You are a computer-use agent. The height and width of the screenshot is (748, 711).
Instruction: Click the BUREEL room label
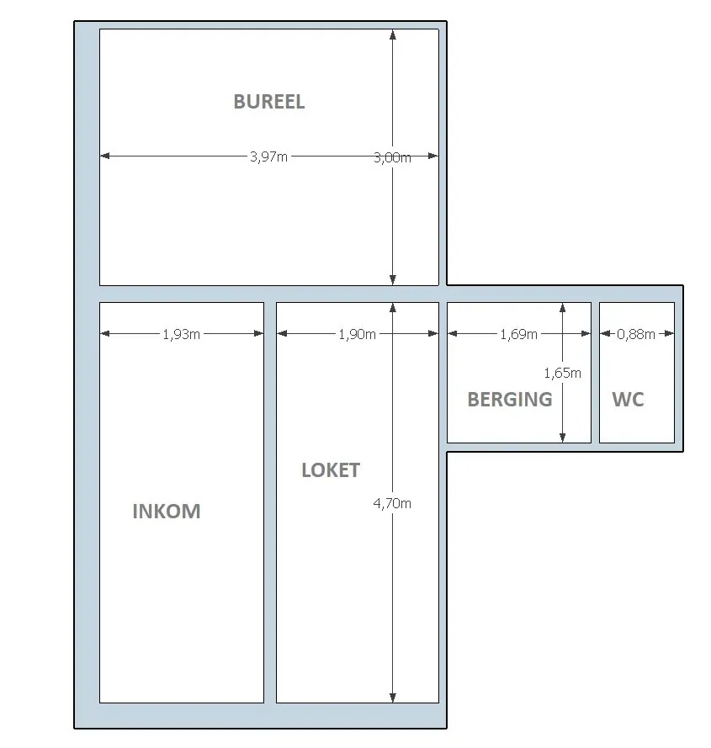(x=268, y=102)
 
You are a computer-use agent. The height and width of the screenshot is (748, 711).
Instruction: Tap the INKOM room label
(x=167, y=512)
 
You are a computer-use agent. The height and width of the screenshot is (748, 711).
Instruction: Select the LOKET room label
(x=331, y=470)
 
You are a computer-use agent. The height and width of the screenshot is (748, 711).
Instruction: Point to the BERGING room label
(x=510, y=400)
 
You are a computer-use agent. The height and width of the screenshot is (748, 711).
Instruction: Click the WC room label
(x=628, y=400)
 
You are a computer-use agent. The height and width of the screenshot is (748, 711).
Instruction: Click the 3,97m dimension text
(x=268, y=156)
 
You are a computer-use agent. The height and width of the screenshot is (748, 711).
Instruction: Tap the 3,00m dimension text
(x=392, y=157)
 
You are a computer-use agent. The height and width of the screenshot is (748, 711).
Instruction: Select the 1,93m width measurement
(x=182, y=334)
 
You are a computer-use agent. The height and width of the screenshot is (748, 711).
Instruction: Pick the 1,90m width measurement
(x=358, y=334)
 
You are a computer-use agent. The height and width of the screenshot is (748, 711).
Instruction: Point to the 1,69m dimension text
(x=518, y=334)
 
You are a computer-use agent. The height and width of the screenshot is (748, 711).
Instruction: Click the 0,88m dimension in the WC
(x=635, y=334)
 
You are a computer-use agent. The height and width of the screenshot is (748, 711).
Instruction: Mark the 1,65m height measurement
(x=563, y=373)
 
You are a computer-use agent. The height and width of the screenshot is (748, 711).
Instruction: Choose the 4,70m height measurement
(x=392, y=503)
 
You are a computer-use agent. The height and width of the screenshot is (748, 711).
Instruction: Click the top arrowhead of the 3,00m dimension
(x=393, y=34)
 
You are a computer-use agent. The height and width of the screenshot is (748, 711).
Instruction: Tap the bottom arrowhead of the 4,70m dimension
(x=393, y=698)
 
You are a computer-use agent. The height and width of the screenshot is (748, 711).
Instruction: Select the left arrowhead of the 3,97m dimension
(x=105, y=156)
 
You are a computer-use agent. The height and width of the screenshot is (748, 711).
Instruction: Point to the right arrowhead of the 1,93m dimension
(x=258, y=333)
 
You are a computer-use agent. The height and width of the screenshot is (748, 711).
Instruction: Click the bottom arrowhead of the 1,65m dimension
(x=563, y=438)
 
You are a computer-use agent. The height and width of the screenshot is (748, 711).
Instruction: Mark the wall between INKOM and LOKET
(x=270, y=502)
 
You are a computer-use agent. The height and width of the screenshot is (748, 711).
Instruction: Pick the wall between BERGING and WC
(x=595, y=373)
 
